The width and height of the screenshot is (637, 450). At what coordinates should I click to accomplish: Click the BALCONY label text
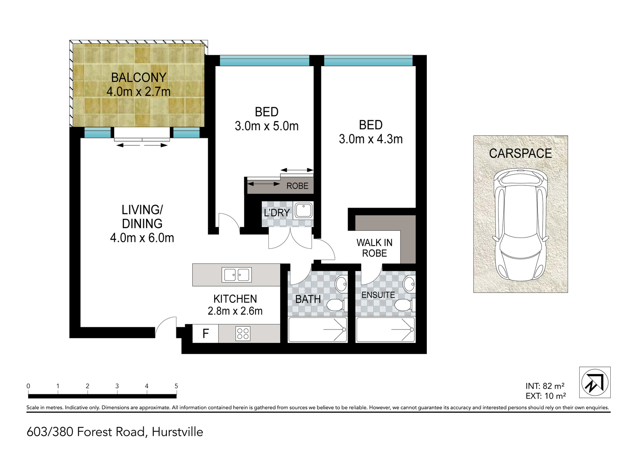click(139, 78)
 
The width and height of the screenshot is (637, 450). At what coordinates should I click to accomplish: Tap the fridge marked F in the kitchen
click(205, 333)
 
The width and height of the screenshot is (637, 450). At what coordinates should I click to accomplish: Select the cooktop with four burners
click(243, 333)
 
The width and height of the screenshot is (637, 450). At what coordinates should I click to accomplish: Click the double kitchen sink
click(236, 275)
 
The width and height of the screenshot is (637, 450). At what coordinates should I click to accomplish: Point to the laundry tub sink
click(303, 211)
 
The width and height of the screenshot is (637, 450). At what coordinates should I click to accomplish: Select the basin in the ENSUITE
click(408, 283)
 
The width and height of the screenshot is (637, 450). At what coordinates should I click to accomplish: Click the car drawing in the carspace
click(520, 226)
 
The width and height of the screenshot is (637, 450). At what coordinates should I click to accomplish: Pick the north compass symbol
click(595, 382)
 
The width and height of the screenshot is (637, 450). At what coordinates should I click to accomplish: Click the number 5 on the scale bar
click(176, 386)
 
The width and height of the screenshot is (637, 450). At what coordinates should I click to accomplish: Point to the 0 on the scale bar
click(28, 386)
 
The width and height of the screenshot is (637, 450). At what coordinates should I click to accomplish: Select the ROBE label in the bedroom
click(297, 186)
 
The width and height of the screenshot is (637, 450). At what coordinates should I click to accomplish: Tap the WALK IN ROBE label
click(374, 248)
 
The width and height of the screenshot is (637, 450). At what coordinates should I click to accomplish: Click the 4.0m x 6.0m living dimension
click(142, 238)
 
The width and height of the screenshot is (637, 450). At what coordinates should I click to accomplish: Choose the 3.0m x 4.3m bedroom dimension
click(371, 139)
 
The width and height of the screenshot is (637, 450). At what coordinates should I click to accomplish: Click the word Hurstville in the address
click(178, 432)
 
